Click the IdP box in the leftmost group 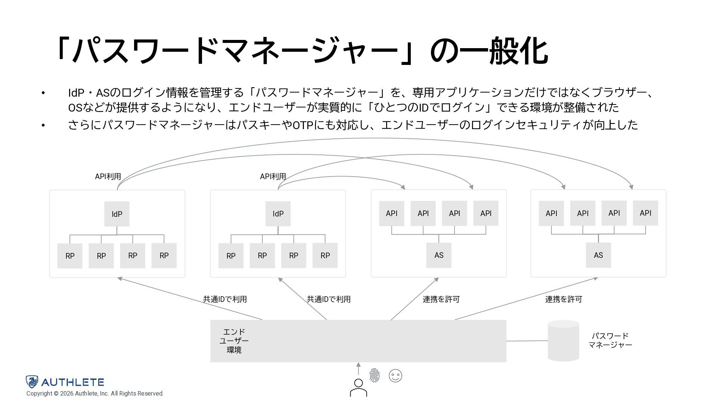pyautogui.click(x=117, y=214)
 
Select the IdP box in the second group pyautogui.click(x=278, y=214)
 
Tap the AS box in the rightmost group pyautogui.click(x=598, y=255)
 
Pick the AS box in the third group pyautogui.click(x=439, y=255)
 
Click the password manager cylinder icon pyautogui.click(x=563, y=341)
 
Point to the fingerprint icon pyautogui.click(x=375, y=375)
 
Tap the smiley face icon pyautogui.click(x=395, y=375)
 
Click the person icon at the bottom pyautogui.click(x=358, y=388)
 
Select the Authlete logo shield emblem pyautogui.click(x=32, y=382)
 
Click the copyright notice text pyautogui.click(x=95, y=394)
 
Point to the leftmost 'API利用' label pyautogui.click(x=108, y=176)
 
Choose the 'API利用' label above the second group pyautogui.click(x=273, y=176)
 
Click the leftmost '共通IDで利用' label pyautogui.click(x=225, y=299)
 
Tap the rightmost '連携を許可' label pyautogui.click(x=564, y=299)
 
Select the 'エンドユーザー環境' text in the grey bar pyautogui.click(x=234, y=341)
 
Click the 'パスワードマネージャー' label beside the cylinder pyautogui.click(x=610, y=340)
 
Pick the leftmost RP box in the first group pyautogui.click(x=70, y=256)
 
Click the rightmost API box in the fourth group pyautogui.click(x=645, y=213)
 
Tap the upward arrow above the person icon pyautogui.click(x=358, y=369)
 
